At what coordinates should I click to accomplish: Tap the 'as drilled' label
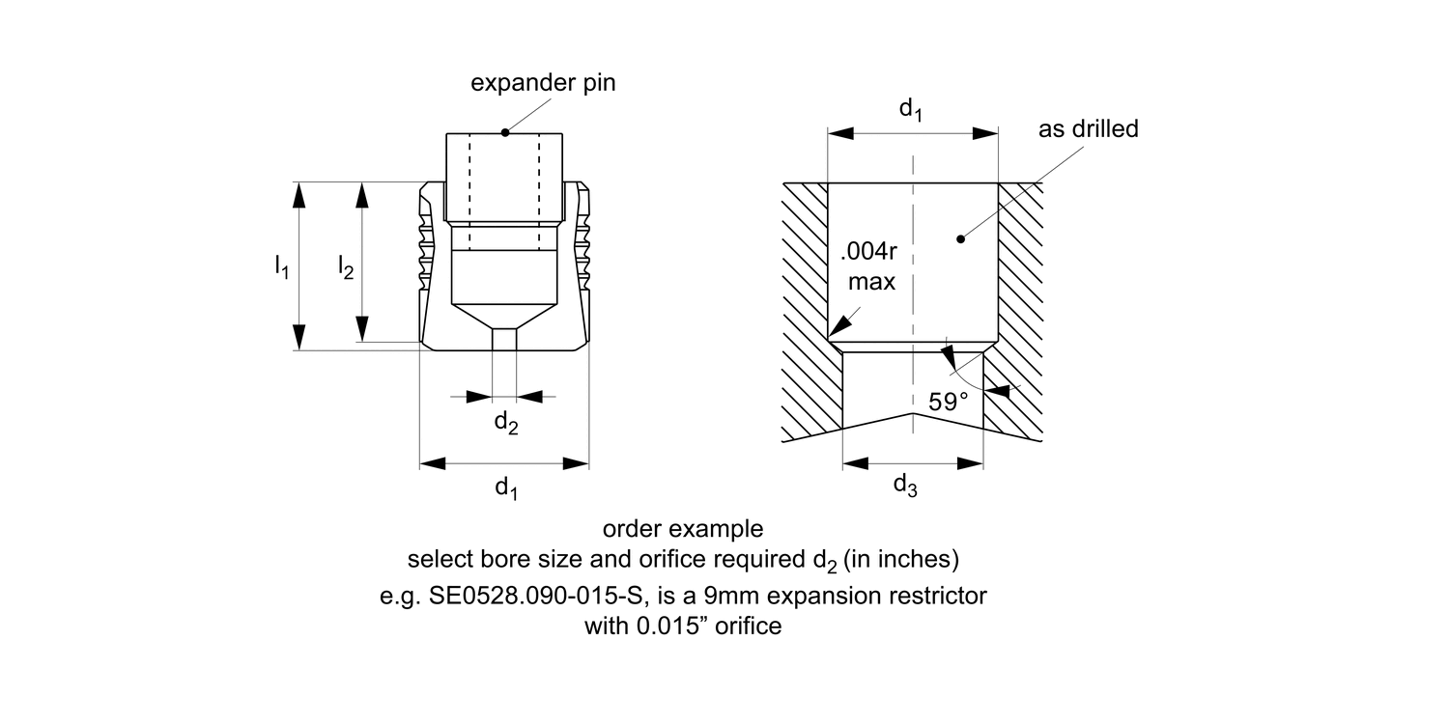(1089, 129)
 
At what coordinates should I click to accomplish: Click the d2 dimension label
(506, 422)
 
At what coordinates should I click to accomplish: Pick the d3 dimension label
(904, 486)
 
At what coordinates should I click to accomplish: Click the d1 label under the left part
(506, 488)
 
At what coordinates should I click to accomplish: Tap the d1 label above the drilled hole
(910, 110)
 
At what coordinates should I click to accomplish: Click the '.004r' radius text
(871, 255)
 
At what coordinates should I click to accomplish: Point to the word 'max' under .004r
(871, 283)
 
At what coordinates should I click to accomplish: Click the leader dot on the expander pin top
(505, 132)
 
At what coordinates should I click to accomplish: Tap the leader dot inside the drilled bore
(959, 238)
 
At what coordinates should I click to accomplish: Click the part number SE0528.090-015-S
(533, 596)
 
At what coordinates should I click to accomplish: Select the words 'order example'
(683, 529)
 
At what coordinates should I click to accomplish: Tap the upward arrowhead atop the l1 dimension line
(299, 194)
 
